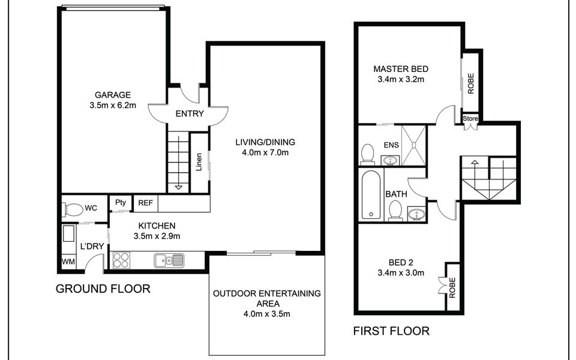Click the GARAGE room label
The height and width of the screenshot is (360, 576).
(x=113, y=95)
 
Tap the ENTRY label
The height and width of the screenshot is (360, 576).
(x=190, y=114)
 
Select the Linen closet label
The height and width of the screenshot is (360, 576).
(x=199, y=162)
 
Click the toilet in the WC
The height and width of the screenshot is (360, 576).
(x=73, y=210)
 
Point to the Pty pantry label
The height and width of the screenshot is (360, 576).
(x=121, y=202)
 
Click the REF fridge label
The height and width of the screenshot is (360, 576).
(x=145, y=203)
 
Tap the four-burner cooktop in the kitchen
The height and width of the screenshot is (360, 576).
(x=121, y=260)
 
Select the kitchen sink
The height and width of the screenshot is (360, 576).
(x=169, y=260)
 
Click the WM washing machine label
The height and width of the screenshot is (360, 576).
(x=68, y=262)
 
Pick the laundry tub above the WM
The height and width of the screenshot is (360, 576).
(x=68, y=233)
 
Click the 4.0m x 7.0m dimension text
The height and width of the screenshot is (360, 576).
(x=265, y=152)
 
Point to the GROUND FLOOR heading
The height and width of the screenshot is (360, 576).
(x=103, y=289)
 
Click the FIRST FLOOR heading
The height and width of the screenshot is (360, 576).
(x=391, y=331)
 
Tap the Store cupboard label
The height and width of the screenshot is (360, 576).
(x=470, y=119)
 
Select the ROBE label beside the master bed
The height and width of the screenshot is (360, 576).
(x=471, y=84)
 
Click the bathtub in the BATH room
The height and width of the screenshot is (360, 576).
(x=371, y=194)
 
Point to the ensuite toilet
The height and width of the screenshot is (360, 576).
(x=367, y=154)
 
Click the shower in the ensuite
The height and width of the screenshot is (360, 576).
(x=413, y=145)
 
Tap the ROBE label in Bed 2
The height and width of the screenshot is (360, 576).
(x=452, y=287)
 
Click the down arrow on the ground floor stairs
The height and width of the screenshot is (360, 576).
(x=179, y=187)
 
